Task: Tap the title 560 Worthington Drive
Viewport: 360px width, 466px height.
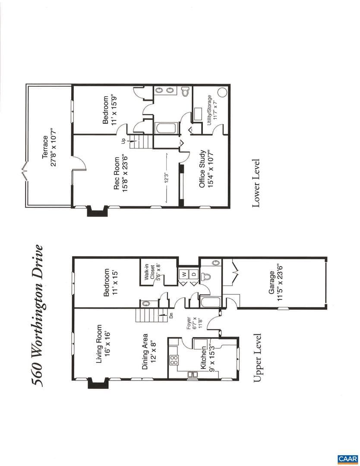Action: [38, 315]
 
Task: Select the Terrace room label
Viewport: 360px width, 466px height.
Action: [49, 151]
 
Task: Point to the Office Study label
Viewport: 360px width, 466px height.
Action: [206, 169]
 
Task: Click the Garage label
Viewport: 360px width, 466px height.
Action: [275, 282]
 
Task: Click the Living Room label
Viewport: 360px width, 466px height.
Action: [103, 343]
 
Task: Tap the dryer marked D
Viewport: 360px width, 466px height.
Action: [194, 274]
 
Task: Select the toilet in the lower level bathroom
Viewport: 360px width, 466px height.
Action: [186, 91]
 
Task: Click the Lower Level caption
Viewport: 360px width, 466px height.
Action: [256, 183]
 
